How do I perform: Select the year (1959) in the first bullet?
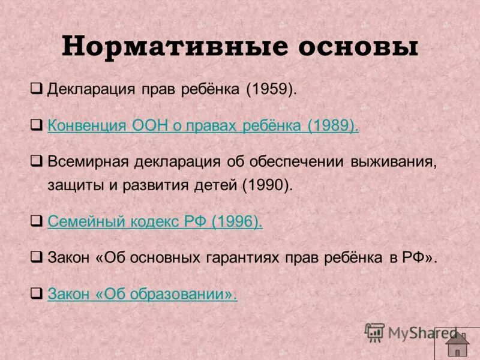(271, 90)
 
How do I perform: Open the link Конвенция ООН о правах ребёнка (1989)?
(203, 126)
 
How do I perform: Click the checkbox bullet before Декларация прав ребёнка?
(37, 90)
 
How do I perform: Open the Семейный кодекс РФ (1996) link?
(155, 222)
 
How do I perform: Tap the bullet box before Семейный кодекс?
(37, 221)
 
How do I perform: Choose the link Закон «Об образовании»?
(142, 294)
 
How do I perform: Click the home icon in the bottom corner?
(458, 343)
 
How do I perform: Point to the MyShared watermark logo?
(410, 332)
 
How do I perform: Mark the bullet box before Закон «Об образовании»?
(37, 293)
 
